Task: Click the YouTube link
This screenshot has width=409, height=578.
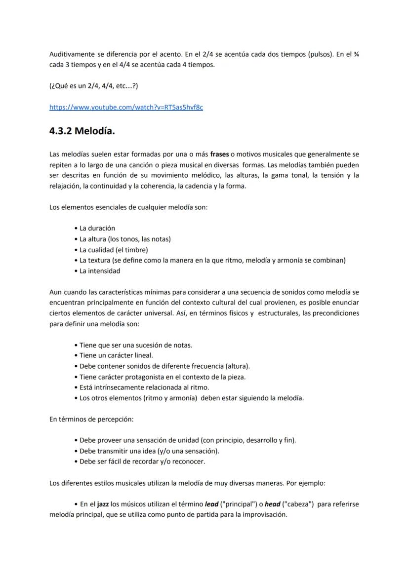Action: (126, 107)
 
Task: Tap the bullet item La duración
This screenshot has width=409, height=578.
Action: (97, 228)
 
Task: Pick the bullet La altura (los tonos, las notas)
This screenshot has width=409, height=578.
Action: (125, 239)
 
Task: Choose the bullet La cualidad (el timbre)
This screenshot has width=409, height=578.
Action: (114, 250)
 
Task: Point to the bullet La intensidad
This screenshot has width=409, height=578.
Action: (99, 270)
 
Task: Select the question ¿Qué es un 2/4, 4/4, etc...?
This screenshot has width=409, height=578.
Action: (93, 85)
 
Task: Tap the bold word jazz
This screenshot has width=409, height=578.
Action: (103, 504)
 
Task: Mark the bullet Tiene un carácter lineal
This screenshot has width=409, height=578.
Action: (116, 355)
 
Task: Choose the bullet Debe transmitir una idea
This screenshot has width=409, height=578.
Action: (149, 451)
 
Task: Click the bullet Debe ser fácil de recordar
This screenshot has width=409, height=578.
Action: (142, 462)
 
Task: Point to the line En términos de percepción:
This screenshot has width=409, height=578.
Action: (91, 419)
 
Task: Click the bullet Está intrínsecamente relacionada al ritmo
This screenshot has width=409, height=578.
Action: (144, 387)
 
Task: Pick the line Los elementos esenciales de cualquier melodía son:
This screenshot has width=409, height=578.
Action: (128, 207)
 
